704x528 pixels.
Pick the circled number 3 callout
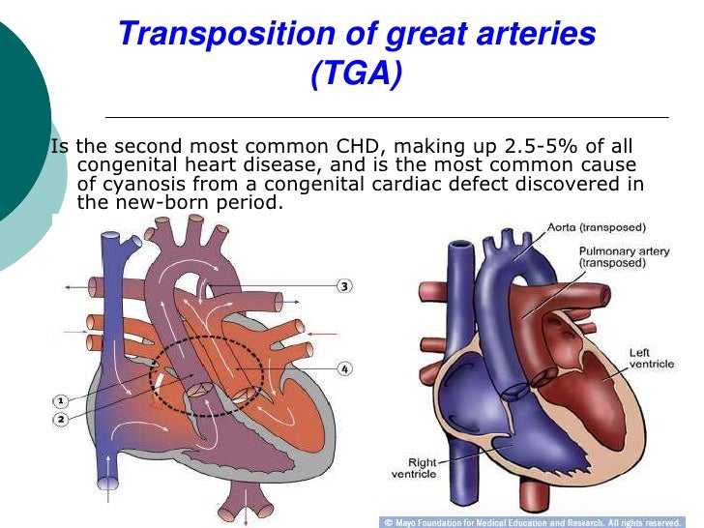pos(344,285)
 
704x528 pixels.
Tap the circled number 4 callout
pos(344,368)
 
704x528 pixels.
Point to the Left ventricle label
pos(648,359)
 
